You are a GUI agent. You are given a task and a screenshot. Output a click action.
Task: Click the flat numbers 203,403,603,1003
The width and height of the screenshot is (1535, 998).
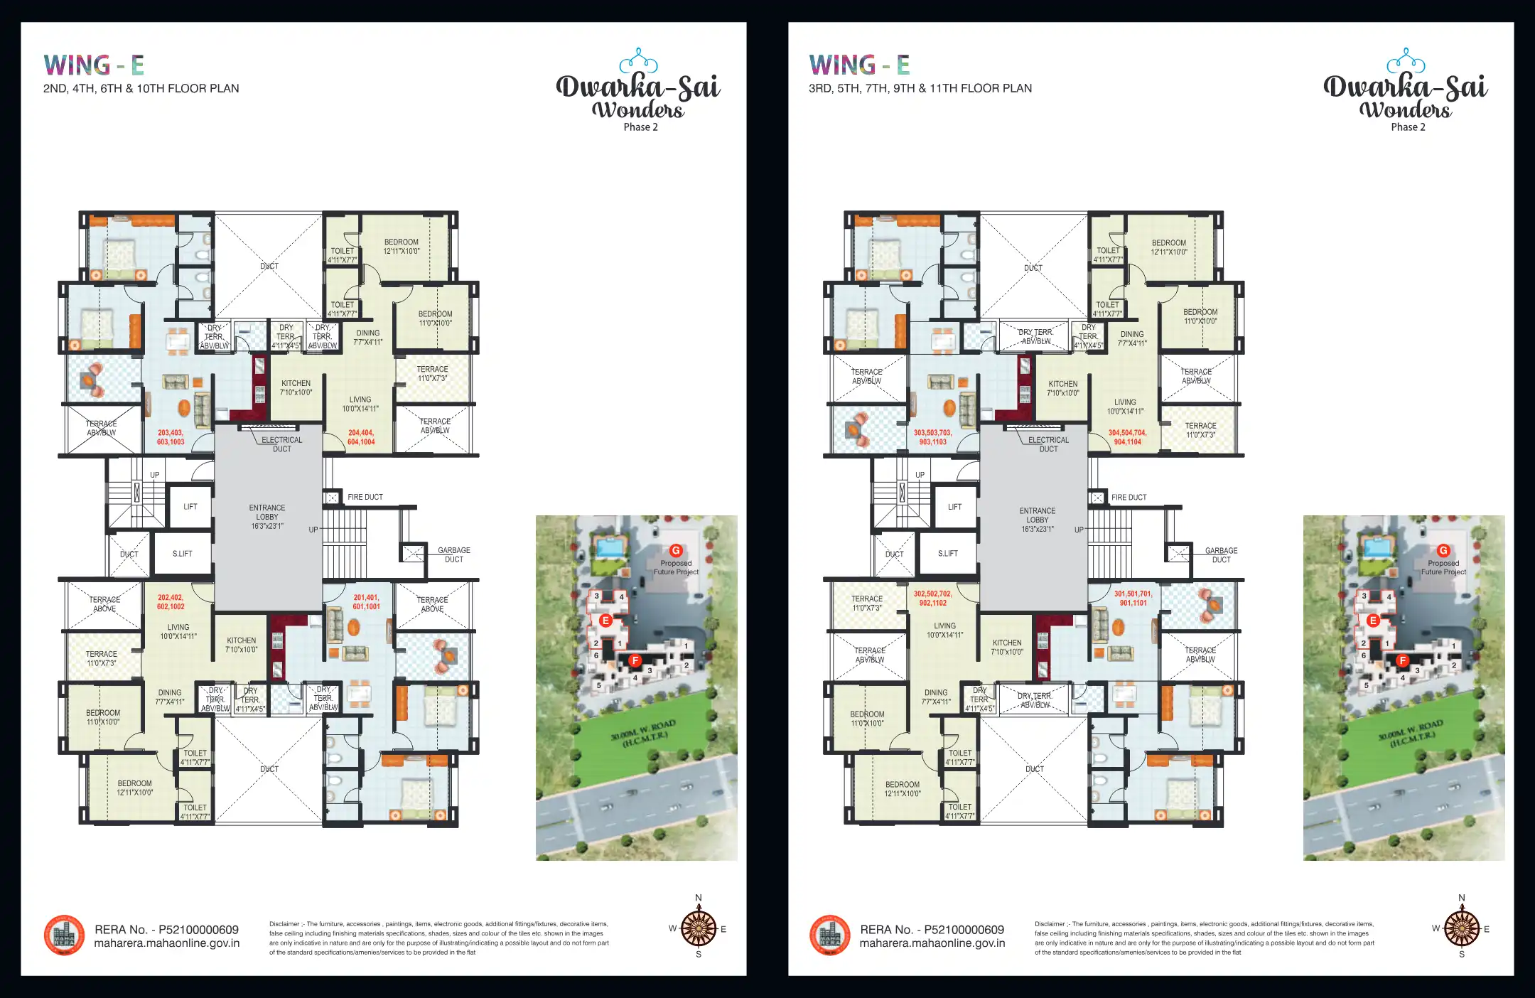click(171, 437)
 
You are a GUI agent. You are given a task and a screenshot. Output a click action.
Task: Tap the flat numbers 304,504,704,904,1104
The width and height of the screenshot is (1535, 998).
click(1128, 437)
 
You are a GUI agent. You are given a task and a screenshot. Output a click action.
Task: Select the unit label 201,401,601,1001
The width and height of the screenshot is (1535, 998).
click(367, 602)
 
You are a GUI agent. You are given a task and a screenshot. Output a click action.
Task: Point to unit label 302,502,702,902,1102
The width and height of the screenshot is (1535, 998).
click(932, 599)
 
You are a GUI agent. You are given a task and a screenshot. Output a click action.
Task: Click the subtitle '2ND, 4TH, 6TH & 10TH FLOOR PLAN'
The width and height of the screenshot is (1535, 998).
click(141, 89)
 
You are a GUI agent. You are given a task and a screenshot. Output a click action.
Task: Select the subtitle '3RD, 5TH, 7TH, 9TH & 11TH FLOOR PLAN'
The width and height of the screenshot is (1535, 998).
click(920, 88)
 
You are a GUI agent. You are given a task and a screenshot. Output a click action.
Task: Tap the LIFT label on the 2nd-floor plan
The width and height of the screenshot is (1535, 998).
click(190, 507)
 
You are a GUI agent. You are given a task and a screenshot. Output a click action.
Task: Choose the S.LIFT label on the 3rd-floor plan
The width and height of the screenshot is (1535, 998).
click(948, 554)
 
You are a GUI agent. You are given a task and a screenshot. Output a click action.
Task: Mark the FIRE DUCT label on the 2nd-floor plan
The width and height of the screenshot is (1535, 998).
click(365, 498)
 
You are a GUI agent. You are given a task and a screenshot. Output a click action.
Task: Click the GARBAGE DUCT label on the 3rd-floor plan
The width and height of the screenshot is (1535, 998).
click(1221, 555)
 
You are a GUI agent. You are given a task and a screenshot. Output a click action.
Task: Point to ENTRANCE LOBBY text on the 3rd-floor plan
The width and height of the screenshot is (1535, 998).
click(1038, 520)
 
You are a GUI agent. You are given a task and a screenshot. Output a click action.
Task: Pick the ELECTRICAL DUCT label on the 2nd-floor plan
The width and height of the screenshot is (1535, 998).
click(281, 444)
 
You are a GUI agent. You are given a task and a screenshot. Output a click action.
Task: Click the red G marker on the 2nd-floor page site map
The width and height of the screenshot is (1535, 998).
click(676, 551)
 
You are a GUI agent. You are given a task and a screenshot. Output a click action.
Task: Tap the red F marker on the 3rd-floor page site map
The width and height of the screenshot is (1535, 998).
click(1403, 660)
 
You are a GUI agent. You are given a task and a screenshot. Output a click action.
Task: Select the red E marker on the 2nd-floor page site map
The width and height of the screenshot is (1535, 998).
click(605, 621)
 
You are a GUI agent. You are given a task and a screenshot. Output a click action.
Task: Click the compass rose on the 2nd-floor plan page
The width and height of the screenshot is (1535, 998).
click(699, 929)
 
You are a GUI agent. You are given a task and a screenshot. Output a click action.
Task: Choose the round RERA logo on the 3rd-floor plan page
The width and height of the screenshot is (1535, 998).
click(829, 935)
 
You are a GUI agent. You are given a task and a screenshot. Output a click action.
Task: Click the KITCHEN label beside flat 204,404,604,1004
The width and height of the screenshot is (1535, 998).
click(296, 387)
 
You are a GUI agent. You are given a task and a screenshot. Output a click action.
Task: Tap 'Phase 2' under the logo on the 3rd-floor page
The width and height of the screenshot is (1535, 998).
click(1408, 127)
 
